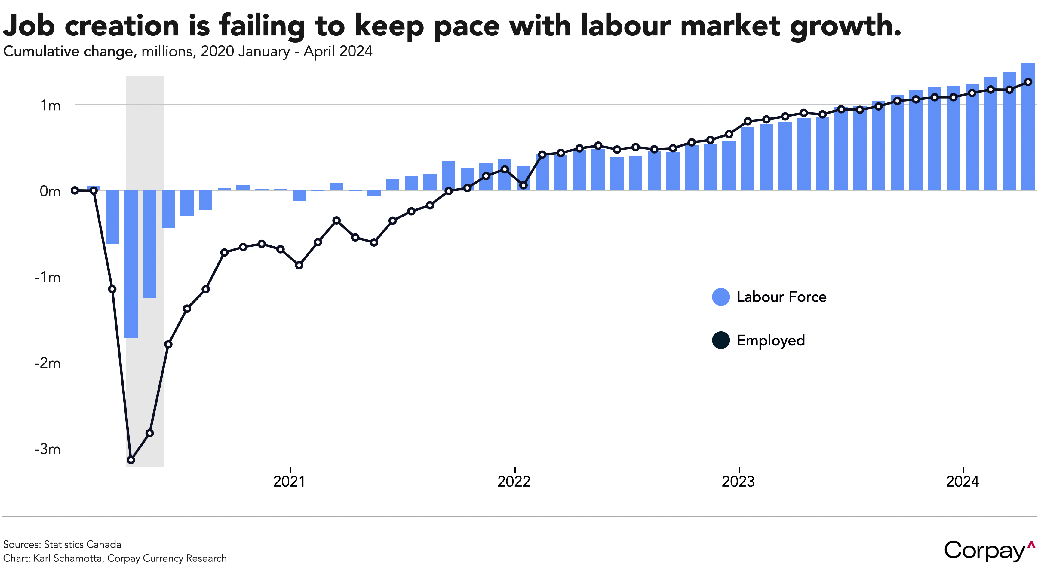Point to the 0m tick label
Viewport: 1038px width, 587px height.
tap(50, 191)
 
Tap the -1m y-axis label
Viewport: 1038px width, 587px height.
tap(48, 277)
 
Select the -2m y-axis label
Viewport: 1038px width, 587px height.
tap(48, 363)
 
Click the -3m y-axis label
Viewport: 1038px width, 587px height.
tap(48, 449)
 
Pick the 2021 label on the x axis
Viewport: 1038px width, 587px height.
tap(289, 481)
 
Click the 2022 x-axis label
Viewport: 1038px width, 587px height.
tap(514, 481)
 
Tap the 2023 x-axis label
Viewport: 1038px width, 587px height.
tap(738, 481)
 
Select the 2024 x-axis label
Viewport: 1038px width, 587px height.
tap(962, 481)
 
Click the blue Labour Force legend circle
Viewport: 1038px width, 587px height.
tap(720, 297)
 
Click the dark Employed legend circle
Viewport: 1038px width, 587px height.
tap(720, 340)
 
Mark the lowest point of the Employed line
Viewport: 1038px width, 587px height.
tap(131, 460)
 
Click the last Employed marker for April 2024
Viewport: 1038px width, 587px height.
tap(1028, 82)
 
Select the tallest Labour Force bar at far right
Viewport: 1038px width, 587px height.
tap(1028, 126)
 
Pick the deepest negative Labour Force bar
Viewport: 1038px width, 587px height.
tap(131, 264)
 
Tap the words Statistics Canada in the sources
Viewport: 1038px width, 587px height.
tap(82, 545)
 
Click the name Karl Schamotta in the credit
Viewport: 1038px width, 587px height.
tap(67, 558)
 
